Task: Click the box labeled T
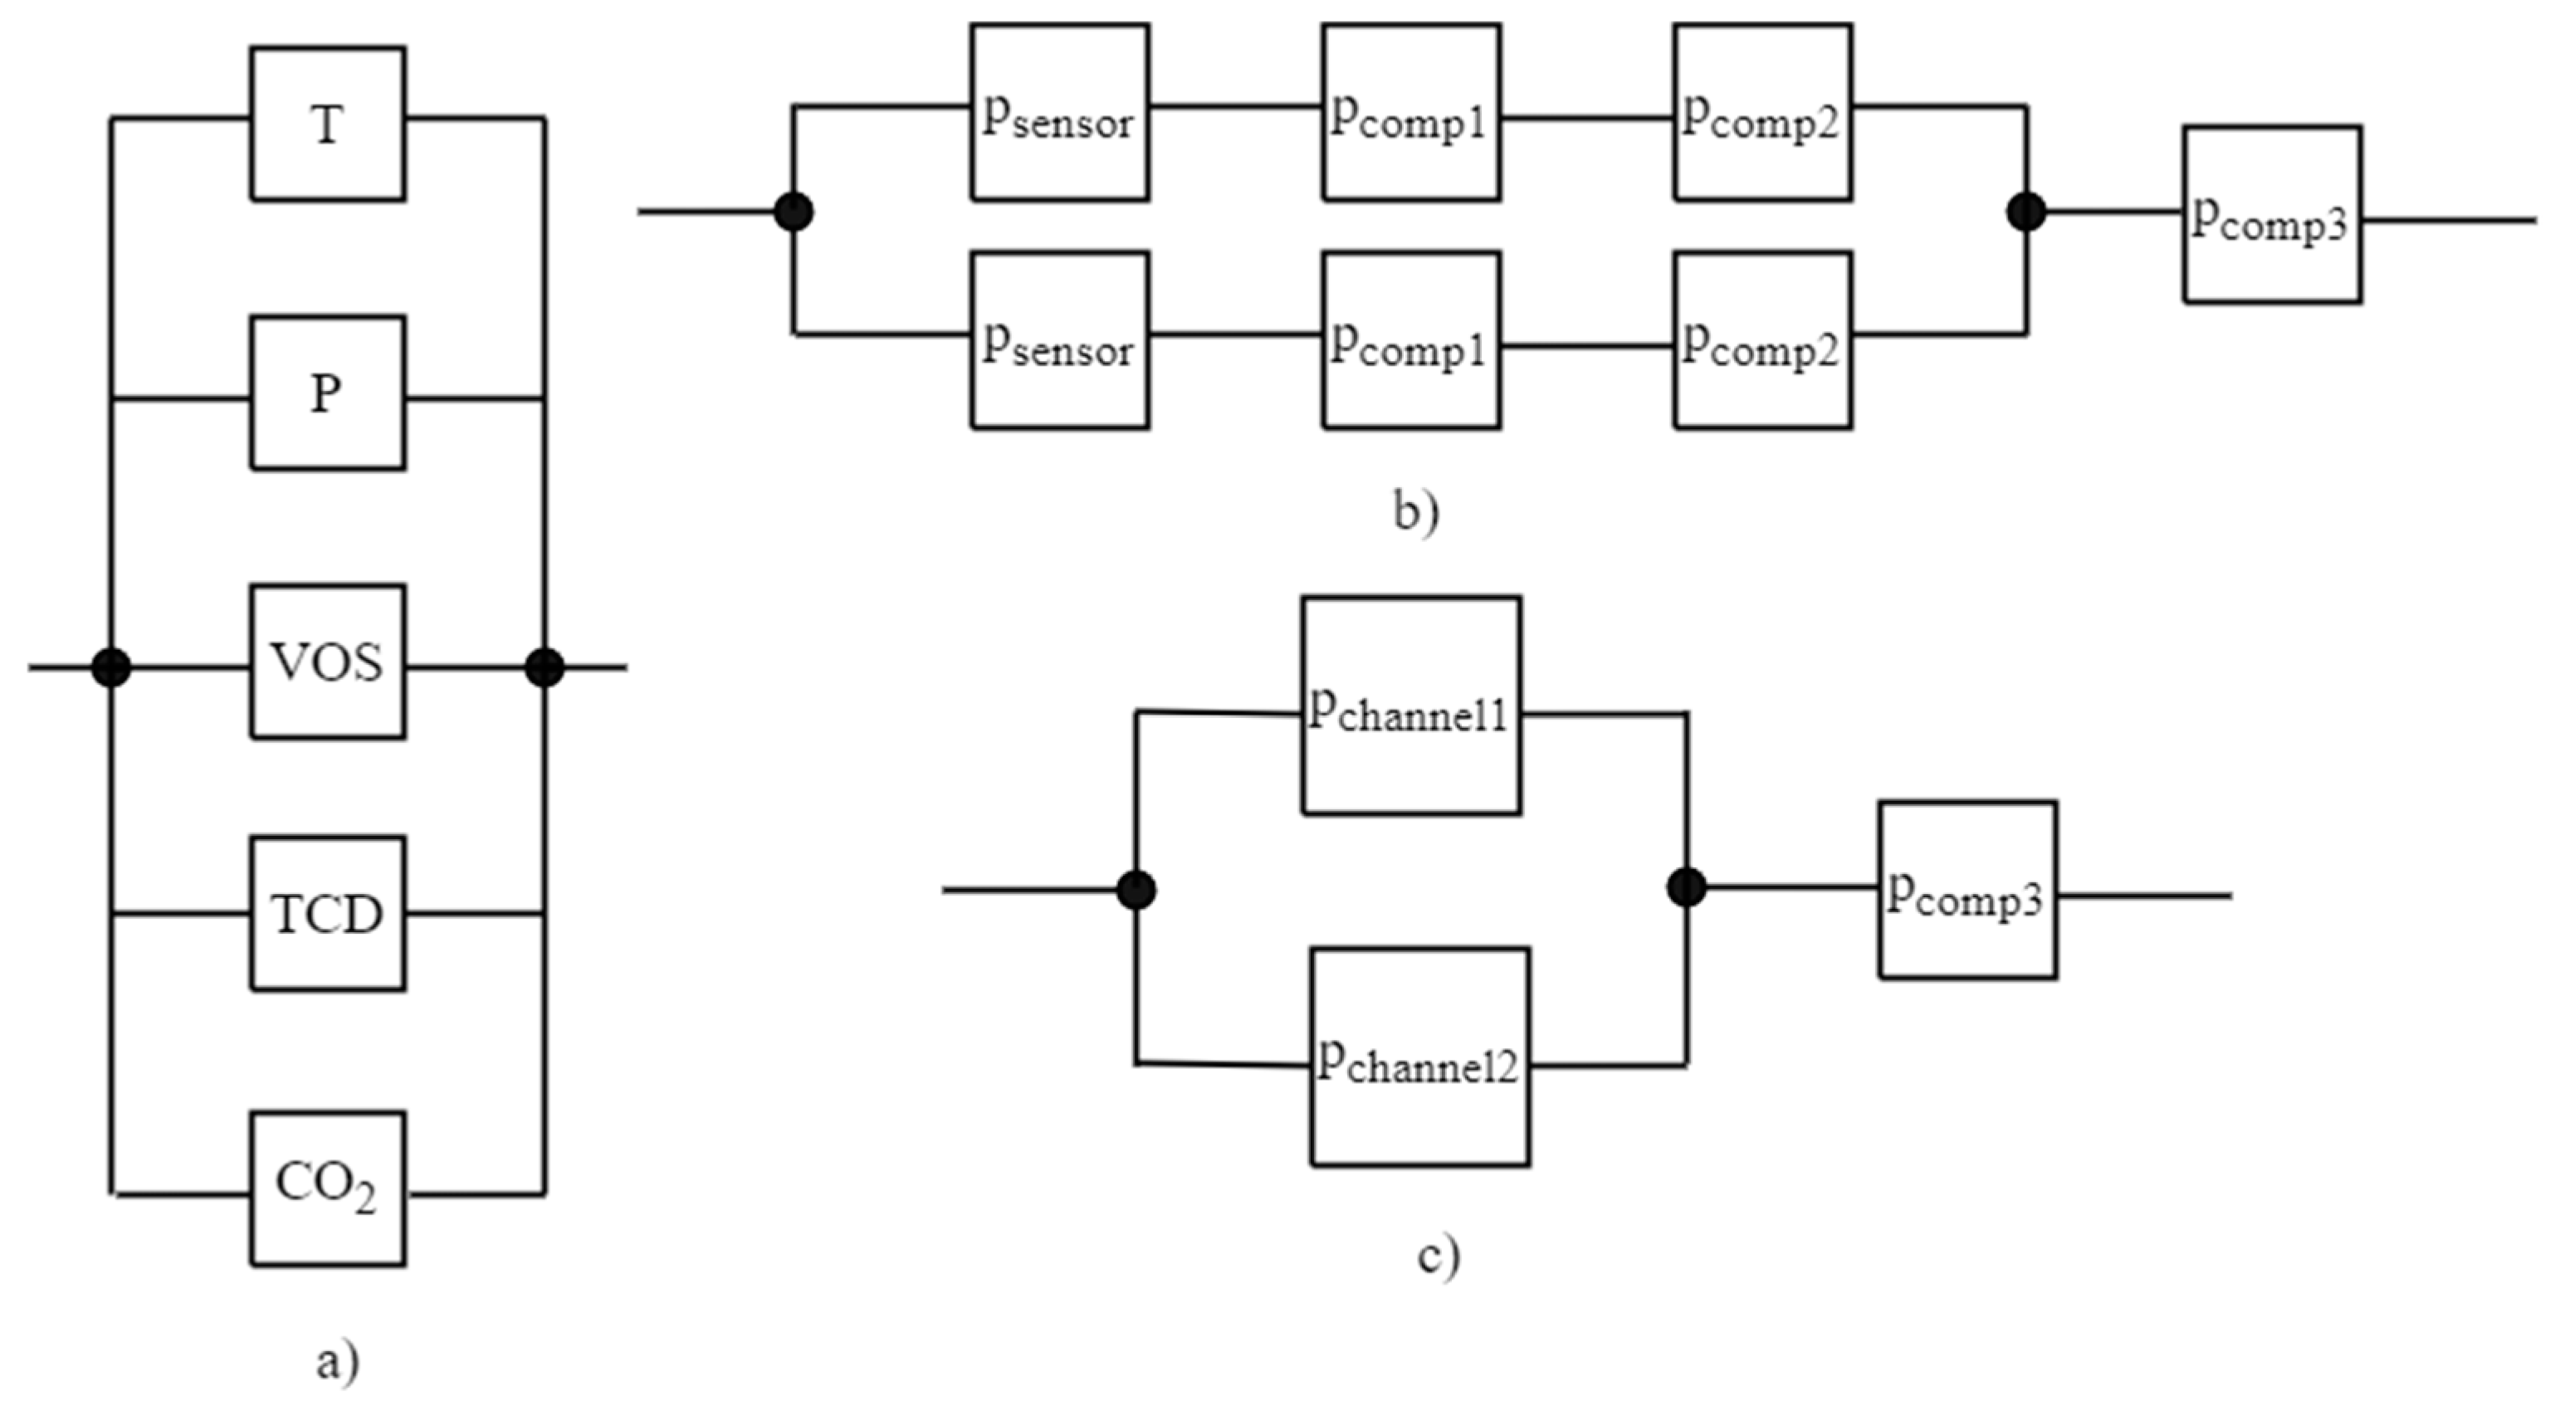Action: (327, 124)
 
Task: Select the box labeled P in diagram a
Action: (327, 393)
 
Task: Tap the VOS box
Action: (327, 662)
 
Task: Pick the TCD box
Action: (327, 913)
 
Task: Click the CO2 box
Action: (327, 1188)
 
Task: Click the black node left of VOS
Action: (111, 667)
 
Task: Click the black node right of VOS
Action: (545, 667)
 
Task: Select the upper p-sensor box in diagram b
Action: (1059, 113)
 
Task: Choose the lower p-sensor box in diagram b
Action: (1059, 340)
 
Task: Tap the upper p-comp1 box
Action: (1410, 113)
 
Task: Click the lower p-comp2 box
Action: (1762, 340)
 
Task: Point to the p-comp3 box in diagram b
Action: (2271, 214)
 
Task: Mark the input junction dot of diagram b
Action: (794, 211)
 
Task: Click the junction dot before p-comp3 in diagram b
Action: (2026, 211)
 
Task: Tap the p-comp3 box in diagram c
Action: (1966, 891)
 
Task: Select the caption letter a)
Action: (337, 1361)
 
